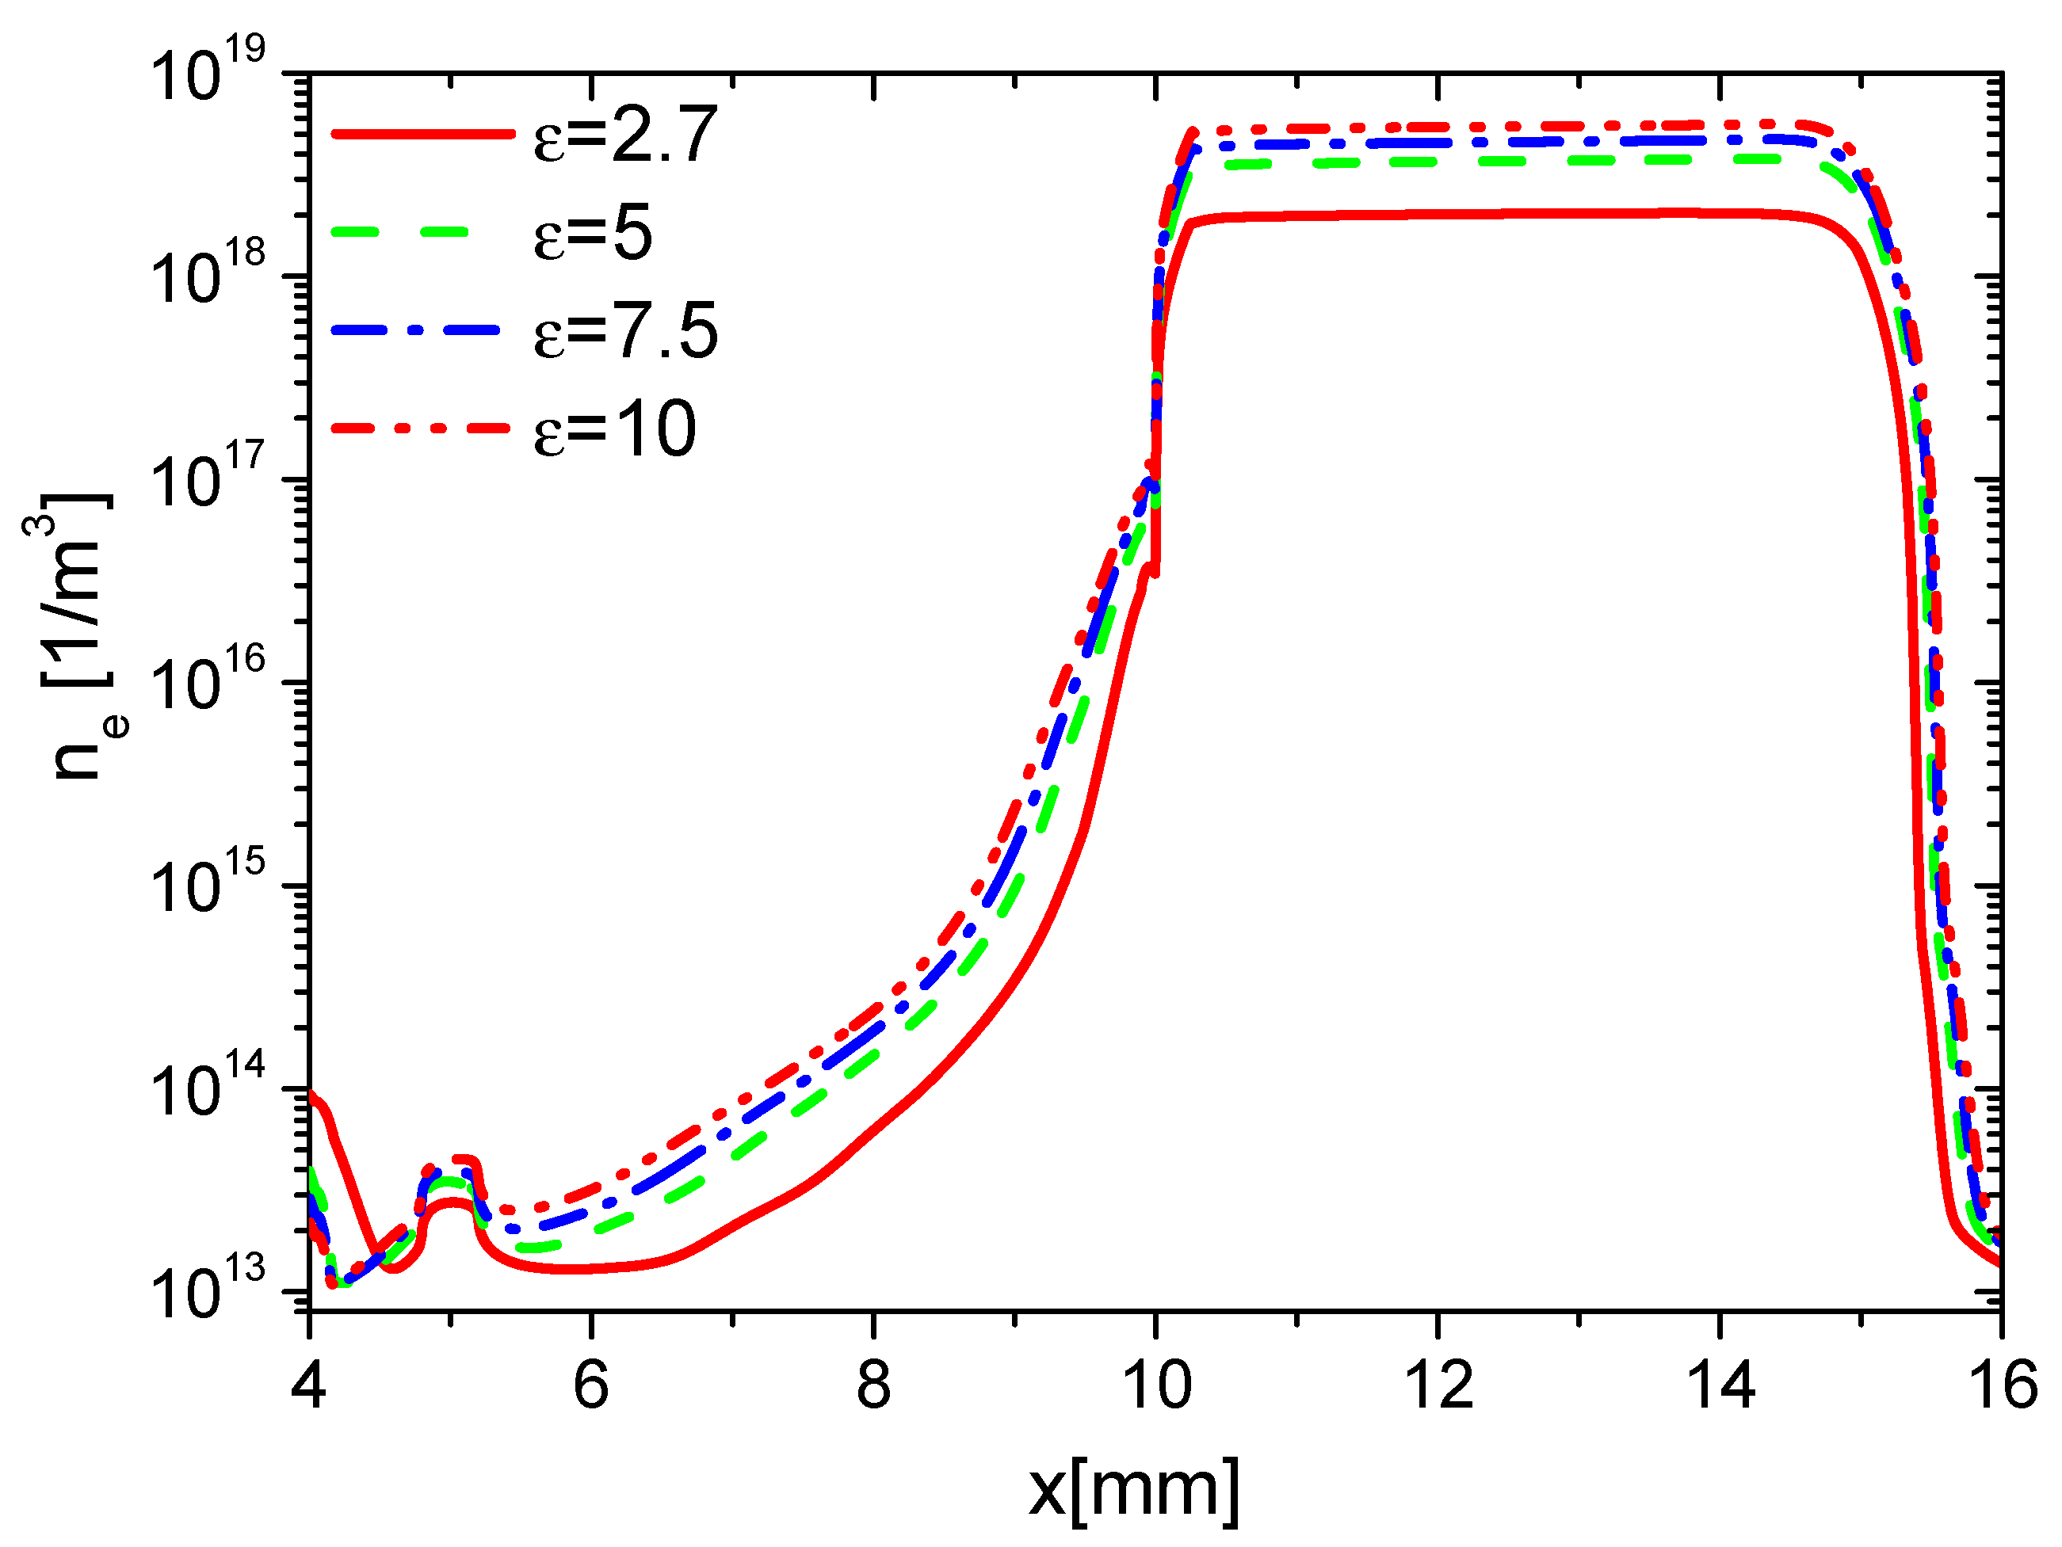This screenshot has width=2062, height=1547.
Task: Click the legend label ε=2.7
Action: point(625,136)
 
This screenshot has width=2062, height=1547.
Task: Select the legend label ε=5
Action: point(593,234)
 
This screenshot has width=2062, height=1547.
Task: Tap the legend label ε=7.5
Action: point(625,332)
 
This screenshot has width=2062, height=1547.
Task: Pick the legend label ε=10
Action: point(615,429)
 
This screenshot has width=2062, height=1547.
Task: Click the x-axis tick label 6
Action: point(591,1385)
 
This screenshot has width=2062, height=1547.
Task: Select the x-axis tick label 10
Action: point(1156,1385)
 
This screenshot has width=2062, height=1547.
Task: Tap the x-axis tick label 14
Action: point(1720,1385)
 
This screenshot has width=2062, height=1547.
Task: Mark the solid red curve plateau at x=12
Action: point(1438,215)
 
